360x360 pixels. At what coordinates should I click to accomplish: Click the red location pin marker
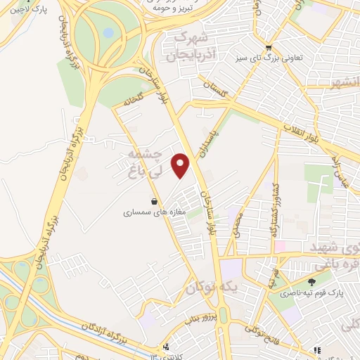click(181, 165)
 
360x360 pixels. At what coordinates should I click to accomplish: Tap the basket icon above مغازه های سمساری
click(153, 200)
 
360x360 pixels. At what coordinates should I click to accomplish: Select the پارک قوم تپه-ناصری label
click(311, 293)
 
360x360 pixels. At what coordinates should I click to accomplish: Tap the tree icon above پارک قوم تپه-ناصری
click(311, 282)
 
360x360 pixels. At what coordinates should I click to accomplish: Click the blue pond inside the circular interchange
click(108, 32)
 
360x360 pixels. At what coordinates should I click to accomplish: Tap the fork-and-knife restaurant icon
click(166, 346)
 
